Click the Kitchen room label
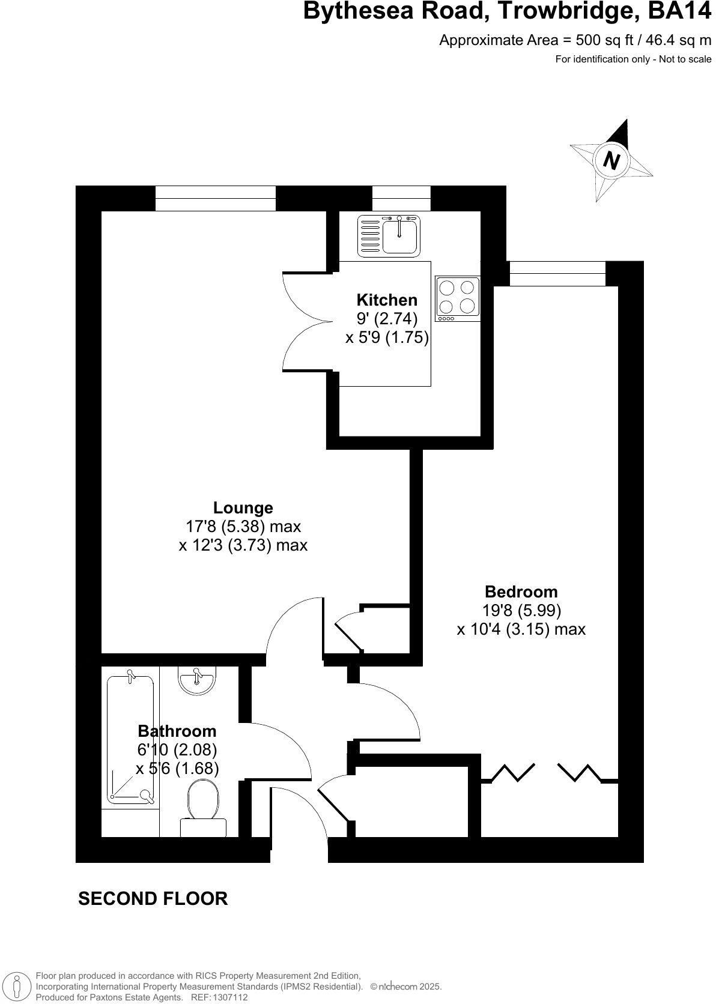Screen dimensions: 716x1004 pyautogui.click(x=387, y=300)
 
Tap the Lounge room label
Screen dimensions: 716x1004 pyautogui.click(x=243, y=508)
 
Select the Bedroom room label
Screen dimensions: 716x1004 pyautogui.click(x=521, y=592)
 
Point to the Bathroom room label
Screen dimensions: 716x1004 pyautogui.click(x=177, y=731)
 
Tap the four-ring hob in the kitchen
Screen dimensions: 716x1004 pyautogui.click(x=458, y=297)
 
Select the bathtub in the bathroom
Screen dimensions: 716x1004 pyautogui.click(x=130, y=739)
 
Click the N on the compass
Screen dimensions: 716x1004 pyautogui.click(x=611, y=160)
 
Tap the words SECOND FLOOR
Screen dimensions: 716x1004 pyautogui.click(x=153, y=899)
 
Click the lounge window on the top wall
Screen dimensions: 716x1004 pyautogui.click(x=216, y=198)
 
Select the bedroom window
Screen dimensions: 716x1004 pyautogui.click(x=557, y=274)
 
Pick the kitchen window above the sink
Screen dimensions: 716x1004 pyautogui.click(x=401, y=198)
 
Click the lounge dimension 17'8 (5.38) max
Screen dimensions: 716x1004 pyautogui.click(x=243, y=527)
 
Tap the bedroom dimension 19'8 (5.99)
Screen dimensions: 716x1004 pyautogui.click(x=521, y=611)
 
